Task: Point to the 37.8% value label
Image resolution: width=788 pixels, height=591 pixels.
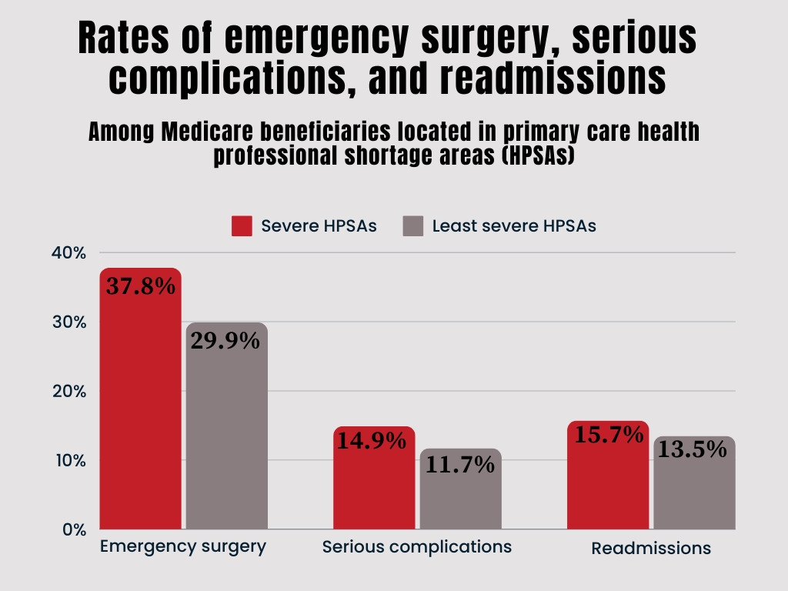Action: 140,286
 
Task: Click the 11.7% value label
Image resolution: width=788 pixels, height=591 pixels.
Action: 460,465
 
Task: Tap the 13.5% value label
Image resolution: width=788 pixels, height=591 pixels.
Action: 694,449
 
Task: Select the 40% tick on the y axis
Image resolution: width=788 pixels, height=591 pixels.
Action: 69,253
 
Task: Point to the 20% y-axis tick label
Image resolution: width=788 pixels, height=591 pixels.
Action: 69,391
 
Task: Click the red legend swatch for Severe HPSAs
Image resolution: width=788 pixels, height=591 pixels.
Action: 242,226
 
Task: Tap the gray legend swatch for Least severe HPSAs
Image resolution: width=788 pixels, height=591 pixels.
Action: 413,226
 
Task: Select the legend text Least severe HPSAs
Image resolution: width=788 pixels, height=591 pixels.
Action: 514,226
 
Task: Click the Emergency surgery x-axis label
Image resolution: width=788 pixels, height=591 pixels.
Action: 183,546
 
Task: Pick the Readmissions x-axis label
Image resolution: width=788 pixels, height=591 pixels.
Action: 651,549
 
